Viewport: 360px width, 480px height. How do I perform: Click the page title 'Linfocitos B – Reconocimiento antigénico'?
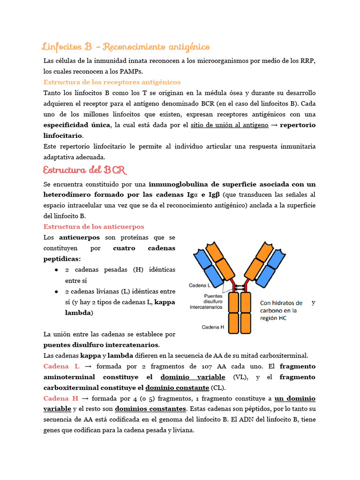pyautogui.click(x=126, y=47)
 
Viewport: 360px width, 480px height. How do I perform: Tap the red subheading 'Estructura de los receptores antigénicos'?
pyautogui.click(x=112, y=82)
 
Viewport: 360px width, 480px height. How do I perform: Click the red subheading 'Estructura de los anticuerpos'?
pyautogui.click(x=94, y=226)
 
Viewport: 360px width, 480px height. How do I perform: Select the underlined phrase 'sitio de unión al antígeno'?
pyautogui.click(x=230, y=125)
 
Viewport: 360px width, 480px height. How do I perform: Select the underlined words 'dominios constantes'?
pyautogui.click(x=150, y=409)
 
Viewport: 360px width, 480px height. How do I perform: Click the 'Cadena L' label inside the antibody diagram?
pyautogui.click(x=200, y=285)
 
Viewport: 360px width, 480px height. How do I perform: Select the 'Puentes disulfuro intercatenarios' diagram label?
pyautogui.click(x=206, y=302)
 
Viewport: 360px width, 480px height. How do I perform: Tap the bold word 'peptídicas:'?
pyautogui.click(x=62, y=259)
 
